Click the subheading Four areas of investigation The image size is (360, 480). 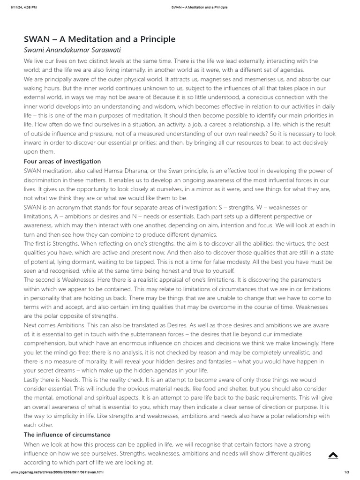click(62, 161)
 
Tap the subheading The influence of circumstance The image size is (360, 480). click(67, 435)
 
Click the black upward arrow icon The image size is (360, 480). click(333, 455)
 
